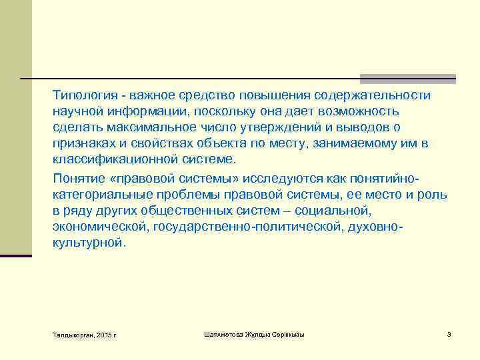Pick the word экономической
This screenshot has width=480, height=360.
100,227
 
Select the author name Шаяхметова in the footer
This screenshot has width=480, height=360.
224,334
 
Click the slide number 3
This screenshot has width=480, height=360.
449,334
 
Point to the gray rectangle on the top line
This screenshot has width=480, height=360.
407,79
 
